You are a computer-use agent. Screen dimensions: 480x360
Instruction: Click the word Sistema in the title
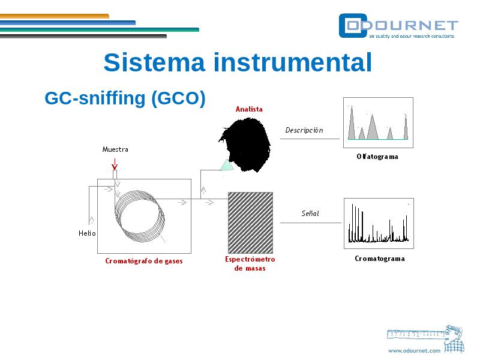click(x=154, y=62)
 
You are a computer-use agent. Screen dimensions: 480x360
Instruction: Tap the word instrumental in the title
click(x=293, y=62)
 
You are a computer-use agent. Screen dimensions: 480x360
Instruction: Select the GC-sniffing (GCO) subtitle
click(x=125, y=98)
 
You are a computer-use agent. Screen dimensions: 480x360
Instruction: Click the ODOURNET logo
click(x=398, y=26)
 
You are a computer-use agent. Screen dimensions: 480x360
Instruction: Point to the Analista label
click(x=249, y=109)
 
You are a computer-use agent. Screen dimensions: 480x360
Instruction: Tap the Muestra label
click(x=115, y=149)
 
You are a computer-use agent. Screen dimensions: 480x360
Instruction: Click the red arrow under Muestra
click(x=115, y=164)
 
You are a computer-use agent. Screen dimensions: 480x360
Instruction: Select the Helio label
click(x=87, y=233)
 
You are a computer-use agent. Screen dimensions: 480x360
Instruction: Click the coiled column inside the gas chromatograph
click(x=139, y=216)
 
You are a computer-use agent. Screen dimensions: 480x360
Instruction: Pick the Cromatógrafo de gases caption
click(x=144, y=261)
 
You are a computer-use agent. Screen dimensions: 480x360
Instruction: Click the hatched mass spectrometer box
click(x=250, y=223)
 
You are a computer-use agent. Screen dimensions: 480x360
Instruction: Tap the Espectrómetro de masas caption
click(x=250, y=263)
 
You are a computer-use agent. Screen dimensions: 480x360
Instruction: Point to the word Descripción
click(x=304, y=130)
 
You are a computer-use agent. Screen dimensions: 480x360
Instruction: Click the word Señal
click(x=310, y=213)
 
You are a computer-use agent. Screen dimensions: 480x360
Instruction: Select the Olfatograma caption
click(x=377, y=157)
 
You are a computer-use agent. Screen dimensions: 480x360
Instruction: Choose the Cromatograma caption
click(x=380, y=259)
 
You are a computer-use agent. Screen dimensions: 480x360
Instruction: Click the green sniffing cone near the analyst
click(x=227, y=165)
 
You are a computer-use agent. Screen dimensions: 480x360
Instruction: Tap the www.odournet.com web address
click(x=414, y=351)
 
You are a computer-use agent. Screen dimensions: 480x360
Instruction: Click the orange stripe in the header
click(x=55, y=16)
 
